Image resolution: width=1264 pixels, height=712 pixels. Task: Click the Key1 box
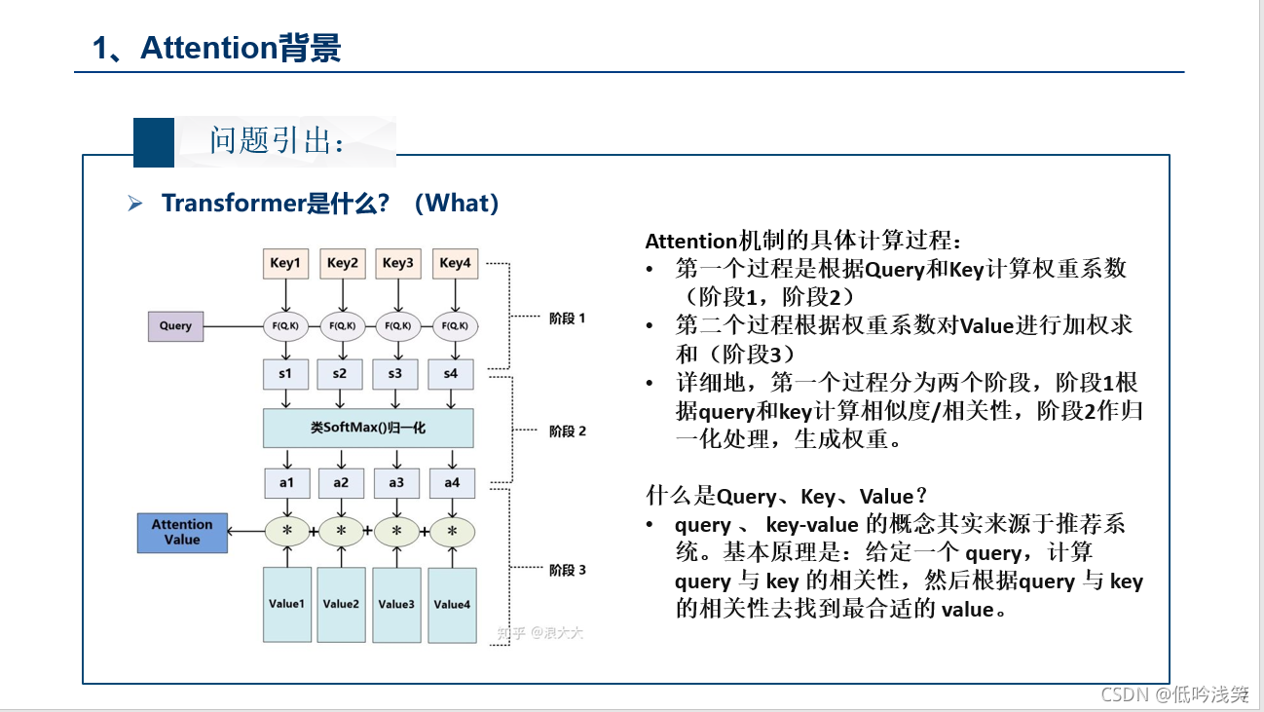[286, 263]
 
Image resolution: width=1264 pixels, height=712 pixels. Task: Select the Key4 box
[455, 263]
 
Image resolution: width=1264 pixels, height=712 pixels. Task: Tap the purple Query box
[175, 325]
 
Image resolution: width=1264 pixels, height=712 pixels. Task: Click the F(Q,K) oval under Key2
[342, 325]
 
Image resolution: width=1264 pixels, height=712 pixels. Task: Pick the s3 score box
[395, 373]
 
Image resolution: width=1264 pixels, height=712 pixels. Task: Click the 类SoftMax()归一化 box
[368, 428]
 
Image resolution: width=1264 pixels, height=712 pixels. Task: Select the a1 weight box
[286, 482]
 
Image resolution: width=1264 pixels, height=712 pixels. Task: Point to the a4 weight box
[452, 482]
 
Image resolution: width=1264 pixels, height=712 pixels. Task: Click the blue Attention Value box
[182, 532]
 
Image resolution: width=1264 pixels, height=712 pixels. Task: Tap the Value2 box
[341, 604]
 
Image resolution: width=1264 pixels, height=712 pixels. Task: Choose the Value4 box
[452, 604]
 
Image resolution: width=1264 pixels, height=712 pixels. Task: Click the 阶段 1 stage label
[567, 319]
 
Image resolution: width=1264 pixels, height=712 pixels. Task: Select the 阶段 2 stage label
[567, 431]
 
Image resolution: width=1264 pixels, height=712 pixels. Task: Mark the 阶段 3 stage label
[567, 570]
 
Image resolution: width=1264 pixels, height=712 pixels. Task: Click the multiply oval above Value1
[287, 531]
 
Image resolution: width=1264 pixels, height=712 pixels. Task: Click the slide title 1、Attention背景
[216, 48]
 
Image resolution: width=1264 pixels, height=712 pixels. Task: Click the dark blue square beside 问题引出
[154, 142]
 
